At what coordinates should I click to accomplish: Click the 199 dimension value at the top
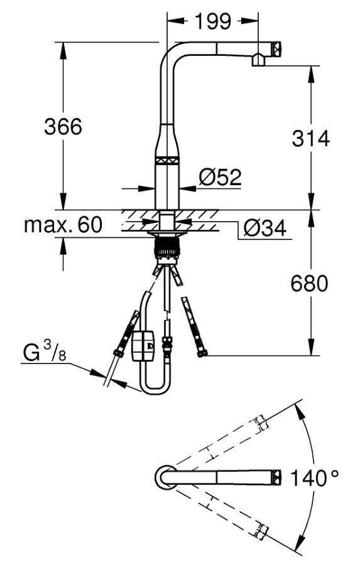pyautogui.click(x=213, y=21)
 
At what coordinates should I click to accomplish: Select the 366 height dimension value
pyautogui.click(x=63, y=127)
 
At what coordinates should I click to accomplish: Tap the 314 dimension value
pyautogui.click(x=311, y=139)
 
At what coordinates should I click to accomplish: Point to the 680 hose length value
pyautogui.click(x=309, y=283)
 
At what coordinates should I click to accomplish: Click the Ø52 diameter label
pyautogui.click(x=221, y=177)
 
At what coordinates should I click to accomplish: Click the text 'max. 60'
pyautogui.click(x=63, y=225)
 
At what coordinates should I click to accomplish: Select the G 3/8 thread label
pyautogui.click(x=45, y=352)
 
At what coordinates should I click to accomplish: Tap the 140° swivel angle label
pyautogui.click(x=314, y=478)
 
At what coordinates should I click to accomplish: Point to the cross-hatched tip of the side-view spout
pyautogui.click(x=277, y=49)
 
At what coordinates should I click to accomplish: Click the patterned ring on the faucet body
pyautogui.click(x=168, y=160)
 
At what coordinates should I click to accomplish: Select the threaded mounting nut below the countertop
pyautogui.click(x=166, y=247)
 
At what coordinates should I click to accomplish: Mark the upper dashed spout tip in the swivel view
pyautogui.click(x=261, y=423)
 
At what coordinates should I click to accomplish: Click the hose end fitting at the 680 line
pyautogui.click(x=203, y=352)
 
